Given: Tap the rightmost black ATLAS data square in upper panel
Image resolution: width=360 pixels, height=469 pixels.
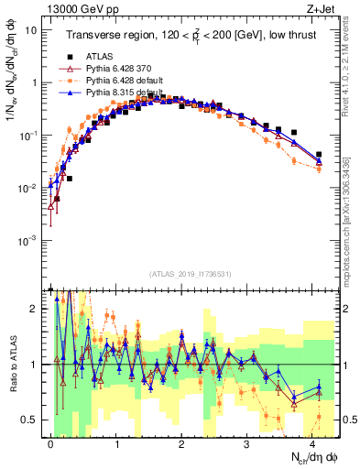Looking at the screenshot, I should point(318,155).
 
